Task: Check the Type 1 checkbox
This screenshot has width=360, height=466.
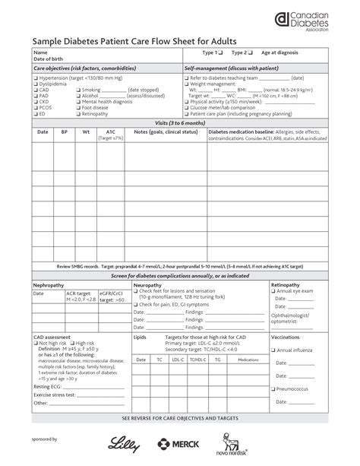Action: [220, 52]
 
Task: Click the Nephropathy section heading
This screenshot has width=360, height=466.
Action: [49, 284]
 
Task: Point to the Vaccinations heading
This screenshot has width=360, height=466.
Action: [286, 336]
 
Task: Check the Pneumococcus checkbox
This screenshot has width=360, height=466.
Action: [274, 389]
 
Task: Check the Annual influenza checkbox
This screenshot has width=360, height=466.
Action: [274, 350]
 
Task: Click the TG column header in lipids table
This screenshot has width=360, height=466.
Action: [218, 359]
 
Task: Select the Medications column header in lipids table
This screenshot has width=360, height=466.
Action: [248, 359]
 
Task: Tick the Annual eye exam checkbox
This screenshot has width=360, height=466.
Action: [274, 291]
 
